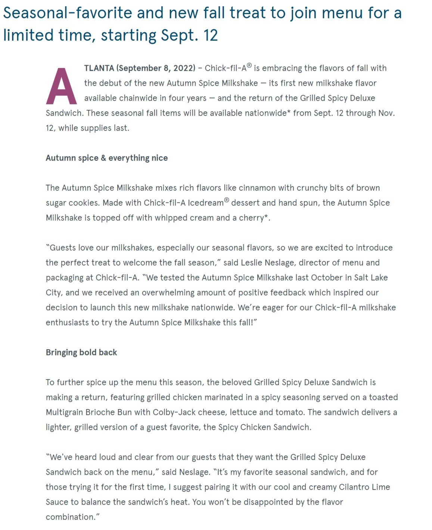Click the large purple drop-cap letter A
point(61,86)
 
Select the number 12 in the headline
point(211,36)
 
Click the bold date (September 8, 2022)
point(156,68)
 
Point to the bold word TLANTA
point(99,68)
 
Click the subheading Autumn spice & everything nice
point(106,158)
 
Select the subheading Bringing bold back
point(81,352)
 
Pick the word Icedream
point(205,203)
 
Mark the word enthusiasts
point(67,322)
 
